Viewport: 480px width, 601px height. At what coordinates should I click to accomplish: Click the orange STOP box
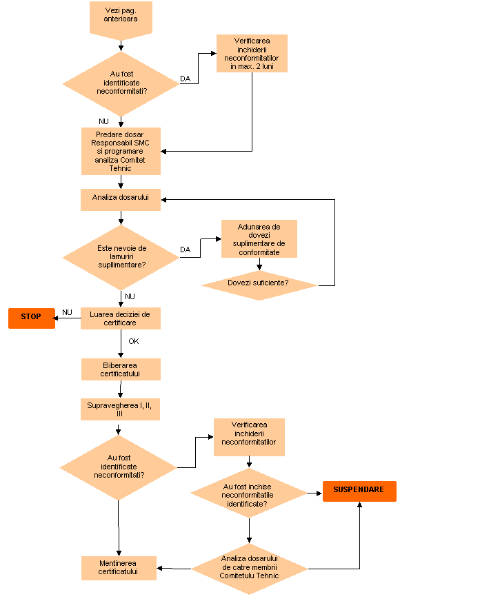tap(31, 318)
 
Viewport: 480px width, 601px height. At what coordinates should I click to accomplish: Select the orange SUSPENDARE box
tap(359, 491)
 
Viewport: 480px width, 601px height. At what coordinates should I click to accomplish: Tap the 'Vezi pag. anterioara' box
tap(121, 17)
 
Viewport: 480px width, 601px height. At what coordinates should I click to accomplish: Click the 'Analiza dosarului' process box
tap(121, 198)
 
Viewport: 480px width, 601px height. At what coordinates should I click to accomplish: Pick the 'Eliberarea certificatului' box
tap(121, 369)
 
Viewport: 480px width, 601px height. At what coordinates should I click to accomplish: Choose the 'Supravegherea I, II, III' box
tap(121, 409)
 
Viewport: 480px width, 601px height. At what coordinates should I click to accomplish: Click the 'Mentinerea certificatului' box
tap(119, 568)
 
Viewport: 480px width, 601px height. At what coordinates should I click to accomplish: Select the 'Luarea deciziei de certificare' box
tap(121, 318)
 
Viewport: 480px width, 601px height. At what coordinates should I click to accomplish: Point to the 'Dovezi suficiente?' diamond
tap(259, 284)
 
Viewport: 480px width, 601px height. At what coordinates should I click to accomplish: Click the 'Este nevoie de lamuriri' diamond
tap(121, 256)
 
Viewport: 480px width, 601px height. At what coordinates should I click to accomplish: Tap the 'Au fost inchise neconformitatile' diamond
tap(248, 493)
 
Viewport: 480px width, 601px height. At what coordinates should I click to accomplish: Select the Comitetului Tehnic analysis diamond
tap(249, 568)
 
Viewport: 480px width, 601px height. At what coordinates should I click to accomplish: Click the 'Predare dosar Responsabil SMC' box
tap(121, 151)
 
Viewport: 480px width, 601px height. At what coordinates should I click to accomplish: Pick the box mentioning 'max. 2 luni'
tap(252, 54)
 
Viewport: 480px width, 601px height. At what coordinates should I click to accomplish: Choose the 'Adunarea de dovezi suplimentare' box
tap(259, 238)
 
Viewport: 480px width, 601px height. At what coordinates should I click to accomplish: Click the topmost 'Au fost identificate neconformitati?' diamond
tap(121, 83)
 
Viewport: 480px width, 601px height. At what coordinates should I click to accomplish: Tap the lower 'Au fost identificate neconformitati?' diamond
tap(119, 467)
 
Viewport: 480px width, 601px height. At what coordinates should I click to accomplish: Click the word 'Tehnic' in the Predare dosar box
tap(121, 168)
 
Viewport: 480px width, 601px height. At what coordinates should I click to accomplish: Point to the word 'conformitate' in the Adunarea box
tap(259, 252)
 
